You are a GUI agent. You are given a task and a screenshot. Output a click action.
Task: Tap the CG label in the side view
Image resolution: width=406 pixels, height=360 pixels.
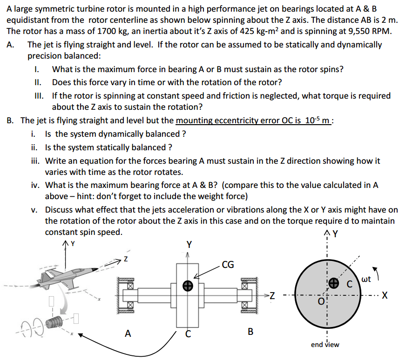point(228,266)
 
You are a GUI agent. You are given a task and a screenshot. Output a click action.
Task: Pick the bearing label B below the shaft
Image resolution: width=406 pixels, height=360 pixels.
point(250,332)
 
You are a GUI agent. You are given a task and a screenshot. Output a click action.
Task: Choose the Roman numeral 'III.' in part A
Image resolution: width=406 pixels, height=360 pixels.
point(40,95)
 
